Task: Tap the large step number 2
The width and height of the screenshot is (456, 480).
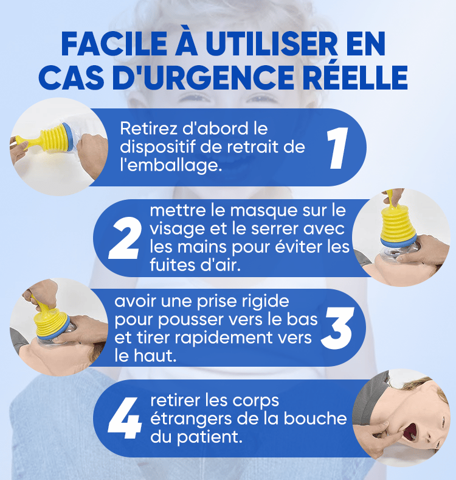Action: (125, 238)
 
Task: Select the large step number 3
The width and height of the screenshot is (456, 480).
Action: (337, 328)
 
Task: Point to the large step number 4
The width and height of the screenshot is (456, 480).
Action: (125, 418)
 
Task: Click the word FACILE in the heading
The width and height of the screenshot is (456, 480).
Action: (114, 44)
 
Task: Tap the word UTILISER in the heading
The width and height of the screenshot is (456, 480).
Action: (272, 44)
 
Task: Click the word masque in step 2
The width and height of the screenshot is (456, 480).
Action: (263, 211)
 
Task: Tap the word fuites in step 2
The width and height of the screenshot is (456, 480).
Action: (173, 265)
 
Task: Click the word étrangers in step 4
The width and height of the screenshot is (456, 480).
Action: (191, 419)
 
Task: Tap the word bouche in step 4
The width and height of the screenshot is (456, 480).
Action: (315, 418)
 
